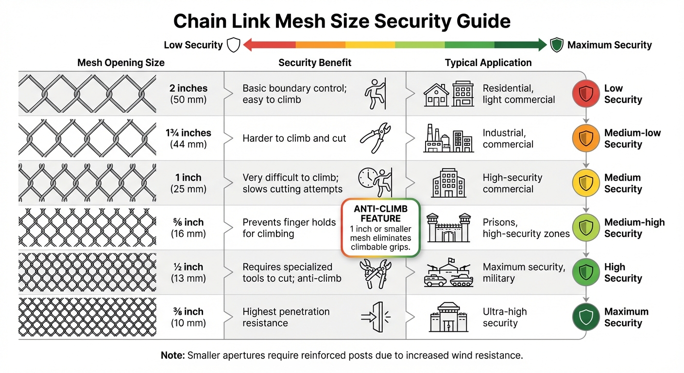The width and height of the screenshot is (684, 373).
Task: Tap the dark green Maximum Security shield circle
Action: [585, 317]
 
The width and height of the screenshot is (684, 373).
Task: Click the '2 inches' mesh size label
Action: [188, 88]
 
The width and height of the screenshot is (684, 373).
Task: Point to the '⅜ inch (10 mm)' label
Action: [188, 317]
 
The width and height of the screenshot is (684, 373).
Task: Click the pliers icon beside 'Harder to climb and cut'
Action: [376, 138]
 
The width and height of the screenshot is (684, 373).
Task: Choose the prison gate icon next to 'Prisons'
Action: [448, 227]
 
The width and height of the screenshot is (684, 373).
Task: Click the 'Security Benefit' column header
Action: [315, 63]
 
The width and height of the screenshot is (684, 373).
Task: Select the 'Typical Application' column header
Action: [488, 63]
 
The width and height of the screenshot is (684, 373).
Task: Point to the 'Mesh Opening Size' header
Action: [121, 63]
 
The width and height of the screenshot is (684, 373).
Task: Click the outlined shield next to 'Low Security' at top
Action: [234, 45]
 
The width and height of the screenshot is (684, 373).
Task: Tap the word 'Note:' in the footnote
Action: [172, 356]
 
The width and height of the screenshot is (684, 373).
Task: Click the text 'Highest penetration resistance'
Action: [286, 317]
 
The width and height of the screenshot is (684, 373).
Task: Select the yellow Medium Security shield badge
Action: [585, 183]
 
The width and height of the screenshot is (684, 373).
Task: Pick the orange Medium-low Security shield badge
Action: [585, 138]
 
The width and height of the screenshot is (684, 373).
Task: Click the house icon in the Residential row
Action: [436, 95]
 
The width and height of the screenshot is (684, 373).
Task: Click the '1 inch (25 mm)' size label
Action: [188, 183]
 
